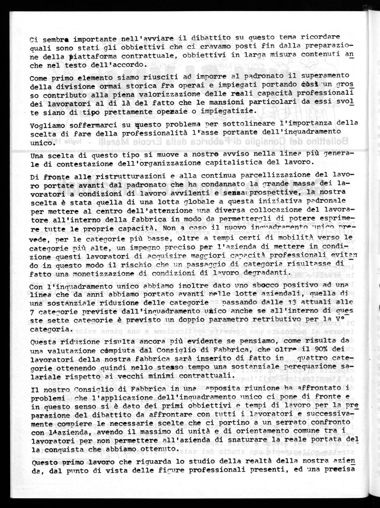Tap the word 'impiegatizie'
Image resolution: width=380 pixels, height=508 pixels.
[232, 111]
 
